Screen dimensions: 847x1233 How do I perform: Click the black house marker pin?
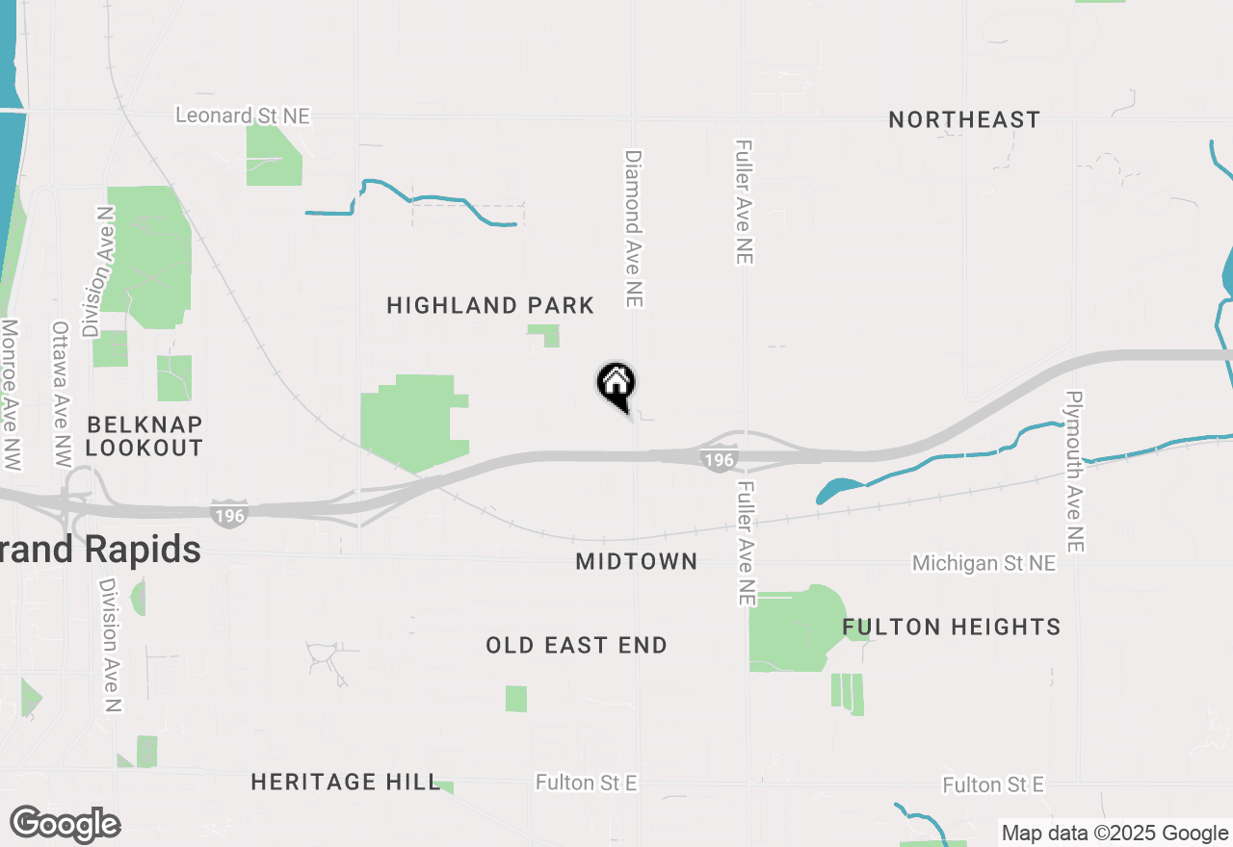point(616,385)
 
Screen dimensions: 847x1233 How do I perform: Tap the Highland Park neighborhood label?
point(490,306)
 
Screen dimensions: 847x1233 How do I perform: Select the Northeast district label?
point(964,120)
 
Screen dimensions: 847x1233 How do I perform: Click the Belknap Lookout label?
point(144,436)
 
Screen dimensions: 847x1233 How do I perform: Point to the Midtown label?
point(636,561)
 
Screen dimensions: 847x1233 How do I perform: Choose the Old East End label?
point(576,646)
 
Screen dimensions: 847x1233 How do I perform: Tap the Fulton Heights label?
point(952,628)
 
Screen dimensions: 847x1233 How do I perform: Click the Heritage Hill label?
point(345,783)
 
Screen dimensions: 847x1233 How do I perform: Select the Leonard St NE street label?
point(243,116)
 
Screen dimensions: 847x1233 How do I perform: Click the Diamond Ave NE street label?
point(633,228)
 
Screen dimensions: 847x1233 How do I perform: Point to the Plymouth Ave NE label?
point(1075,472)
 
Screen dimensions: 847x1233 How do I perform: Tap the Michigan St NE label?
point(984,563)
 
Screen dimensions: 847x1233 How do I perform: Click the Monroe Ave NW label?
point(11,395)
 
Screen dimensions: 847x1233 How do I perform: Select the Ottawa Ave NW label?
point(62,395)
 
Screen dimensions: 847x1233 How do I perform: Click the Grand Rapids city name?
point(100,551)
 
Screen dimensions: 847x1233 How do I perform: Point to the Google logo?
point(65,825)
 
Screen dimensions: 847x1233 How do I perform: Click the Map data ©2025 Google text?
point(1115,834)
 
